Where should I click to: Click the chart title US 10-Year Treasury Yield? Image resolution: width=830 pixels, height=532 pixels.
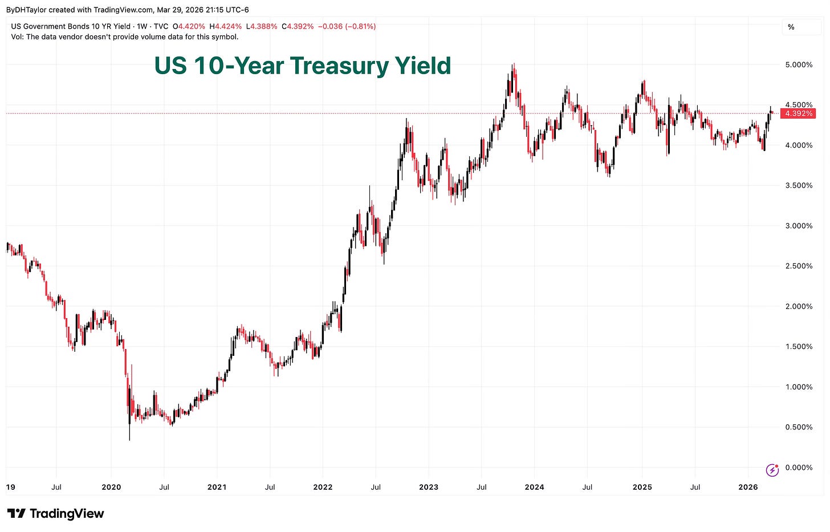(x=303, y=66)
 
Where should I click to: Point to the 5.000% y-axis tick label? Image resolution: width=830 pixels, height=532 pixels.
(x=799, y=64)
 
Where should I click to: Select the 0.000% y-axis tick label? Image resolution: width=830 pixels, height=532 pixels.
(x=799, y=468)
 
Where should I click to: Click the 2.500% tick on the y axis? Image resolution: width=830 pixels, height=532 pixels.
(x=799, y=266)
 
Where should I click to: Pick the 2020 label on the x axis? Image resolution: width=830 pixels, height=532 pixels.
(x=111, y=487)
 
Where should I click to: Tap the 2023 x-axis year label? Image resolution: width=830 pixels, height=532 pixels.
(x=429, y=487)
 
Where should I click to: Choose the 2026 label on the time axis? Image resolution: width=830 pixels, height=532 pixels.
(x=748, y=487)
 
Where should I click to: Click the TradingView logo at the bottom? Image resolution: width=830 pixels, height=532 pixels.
(x=55, y=514)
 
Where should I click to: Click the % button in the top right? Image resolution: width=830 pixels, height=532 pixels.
(x=791, y=27)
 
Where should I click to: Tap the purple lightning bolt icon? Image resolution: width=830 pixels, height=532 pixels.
(x=772, y=470)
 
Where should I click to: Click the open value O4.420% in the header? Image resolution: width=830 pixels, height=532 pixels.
(x=189, y=26)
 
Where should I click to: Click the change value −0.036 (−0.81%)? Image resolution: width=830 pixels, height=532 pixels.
(x=347, y=26)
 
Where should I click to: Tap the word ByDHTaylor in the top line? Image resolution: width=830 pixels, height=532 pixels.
(x=26, y=10)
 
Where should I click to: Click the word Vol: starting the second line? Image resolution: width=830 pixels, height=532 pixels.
(x=18, y=36)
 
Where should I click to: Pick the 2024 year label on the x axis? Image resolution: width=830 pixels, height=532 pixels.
(x=534, y=487)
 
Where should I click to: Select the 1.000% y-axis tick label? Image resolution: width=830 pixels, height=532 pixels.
(x=799, y=387)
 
